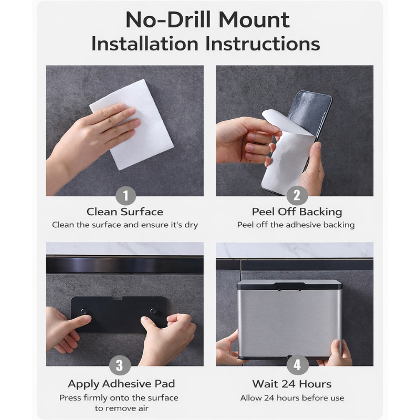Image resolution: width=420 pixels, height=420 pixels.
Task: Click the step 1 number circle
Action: pyautogui.click(x=126, y=196)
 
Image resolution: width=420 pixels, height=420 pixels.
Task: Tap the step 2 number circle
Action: pyautogui.click(x=297, y=195)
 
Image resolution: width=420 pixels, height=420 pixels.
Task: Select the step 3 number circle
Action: pyautogui.click(x=120, y=365)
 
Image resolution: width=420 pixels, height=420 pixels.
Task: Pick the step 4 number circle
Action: pyautogui.click(x=297, y=365)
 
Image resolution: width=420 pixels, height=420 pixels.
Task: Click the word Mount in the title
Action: pyautogui.click(x=255, y=20)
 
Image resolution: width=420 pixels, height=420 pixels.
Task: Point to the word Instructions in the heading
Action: pyautogui.click(x=262, y=44)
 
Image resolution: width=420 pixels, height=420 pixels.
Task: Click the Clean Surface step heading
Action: pyautogui.click(x=125, y=212)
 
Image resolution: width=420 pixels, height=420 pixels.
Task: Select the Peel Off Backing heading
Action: pyautogui.click(x=297, y=212)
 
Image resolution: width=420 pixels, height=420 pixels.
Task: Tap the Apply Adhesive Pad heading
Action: pyautogui.click(x=121, y=384)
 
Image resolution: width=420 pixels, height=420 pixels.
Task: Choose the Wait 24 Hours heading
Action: pyautogui.click(x=292, y=384)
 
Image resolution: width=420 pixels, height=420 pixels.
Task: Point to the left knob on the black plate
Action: pyautogui.click(x=84, y=311)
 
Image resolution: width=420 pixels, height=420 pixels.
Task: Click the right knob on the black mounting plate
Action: pyautogui.click(x=153, y=311)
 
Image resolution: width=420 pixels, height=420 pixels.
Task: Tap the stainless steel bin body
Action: pyautogui.click(x=289, y=321)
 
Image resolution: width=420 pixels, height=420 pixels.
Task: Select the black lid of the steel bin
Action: pyautogui.click(x=290, y=285)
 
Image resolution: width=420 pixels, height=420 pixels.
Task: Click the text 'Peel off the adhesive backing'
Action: pyautogui.click(x=296, y=225)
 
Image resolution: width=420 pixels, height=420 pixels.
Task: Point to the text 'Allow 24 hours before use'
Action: pyautogui.click(x=292, y=398)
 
